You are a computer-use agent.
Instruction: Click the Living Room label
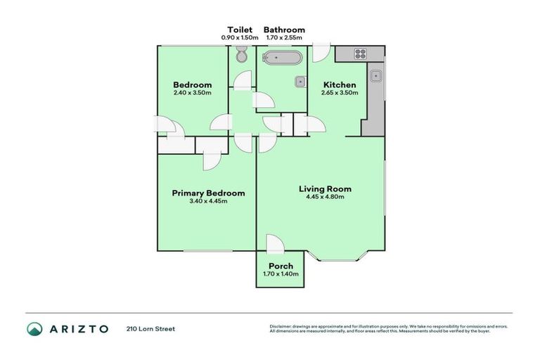[325, 188]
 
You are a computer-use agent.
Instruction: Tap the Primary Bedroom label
[208, 193]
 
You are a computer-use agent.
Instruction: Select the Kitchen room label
[339, 84]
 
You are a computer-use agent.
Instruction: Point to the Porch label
[281, 266]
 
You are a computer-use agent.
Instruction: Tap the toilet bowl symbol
[241, 55]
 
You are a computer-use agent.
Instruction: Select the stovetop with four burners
[361, 53]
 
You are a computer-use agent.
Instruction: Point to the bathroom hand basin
[300, 81]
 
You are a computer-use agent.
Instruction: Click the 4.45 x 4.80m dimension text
[325, 197]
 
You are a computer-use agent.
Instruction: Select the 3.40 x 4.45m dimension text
[208, 201]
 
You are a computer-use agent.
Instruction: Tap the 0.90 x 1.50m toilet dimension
[240, 37]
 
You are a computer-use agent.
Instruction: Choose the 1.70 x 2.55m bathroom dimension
[284, 37]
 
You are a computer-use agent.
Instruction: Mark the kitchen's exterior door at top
[321, 52]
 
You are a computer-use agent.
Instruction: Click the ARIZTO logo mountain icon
[34, 328]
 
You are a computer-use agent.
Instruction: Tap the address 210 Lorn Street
[150, 328]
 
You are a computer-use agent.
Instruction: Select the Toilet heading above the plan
[240, 30]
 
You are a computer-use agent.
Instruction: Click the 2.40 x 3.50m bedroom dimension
[192, 93]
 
